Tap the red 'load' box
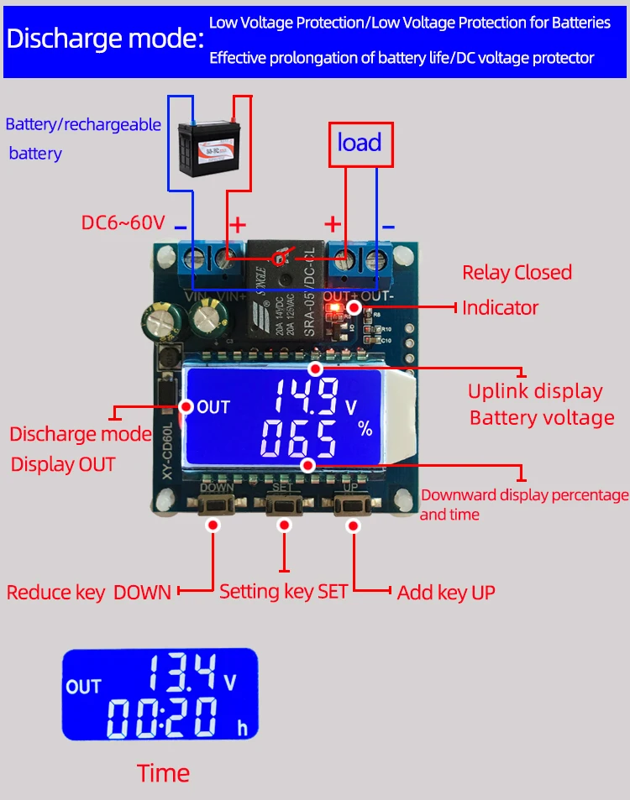pos(359,143)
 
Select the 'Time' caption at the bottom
pos(163,773)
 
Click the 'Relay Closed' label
pos(517,272)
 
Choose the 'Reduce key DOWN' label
pos(89,592)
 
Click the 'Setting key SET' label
pos(283,591)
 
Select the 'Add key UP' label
pos(446,593)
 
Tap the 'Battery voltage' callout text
pos(542,417)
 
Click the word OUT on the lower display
pos(83,687)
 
